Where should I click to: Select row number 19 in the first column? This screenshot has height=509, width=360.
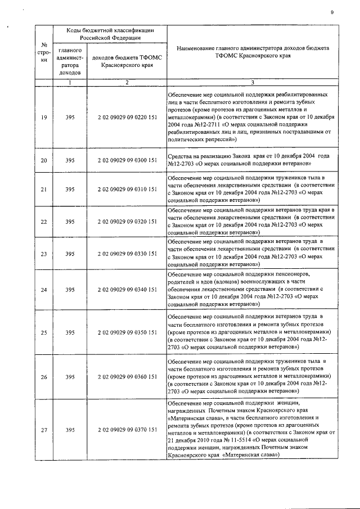coord(44,116)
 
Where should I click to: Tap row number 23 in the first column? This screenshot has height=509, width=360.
coord(44,254)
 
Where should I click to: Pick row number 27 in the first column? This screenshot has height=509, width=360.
coord(44,430)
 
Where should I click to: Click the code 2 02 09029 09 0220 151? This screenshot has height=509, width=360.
coord(127,116)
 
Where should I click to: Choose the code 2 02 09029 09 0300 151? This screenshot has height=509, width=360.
coord(127,160)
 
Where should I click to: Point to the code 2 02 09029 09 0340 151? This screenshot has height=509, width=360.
coord(127,290)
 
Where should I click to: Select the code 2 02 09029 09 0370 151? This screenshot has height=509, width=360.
coord(127,430)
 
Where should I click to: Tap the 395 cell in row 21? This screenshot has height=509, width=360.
coord(70,190)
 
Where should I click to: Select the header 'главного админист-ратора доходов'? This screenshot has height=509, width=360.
coord(70,61)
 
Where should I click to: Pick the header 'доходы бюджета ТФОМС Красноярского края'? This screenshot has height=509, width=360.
coord(127,61)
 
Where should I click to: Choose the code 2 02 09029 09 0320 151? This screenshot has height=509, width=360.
coord(127,222)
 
